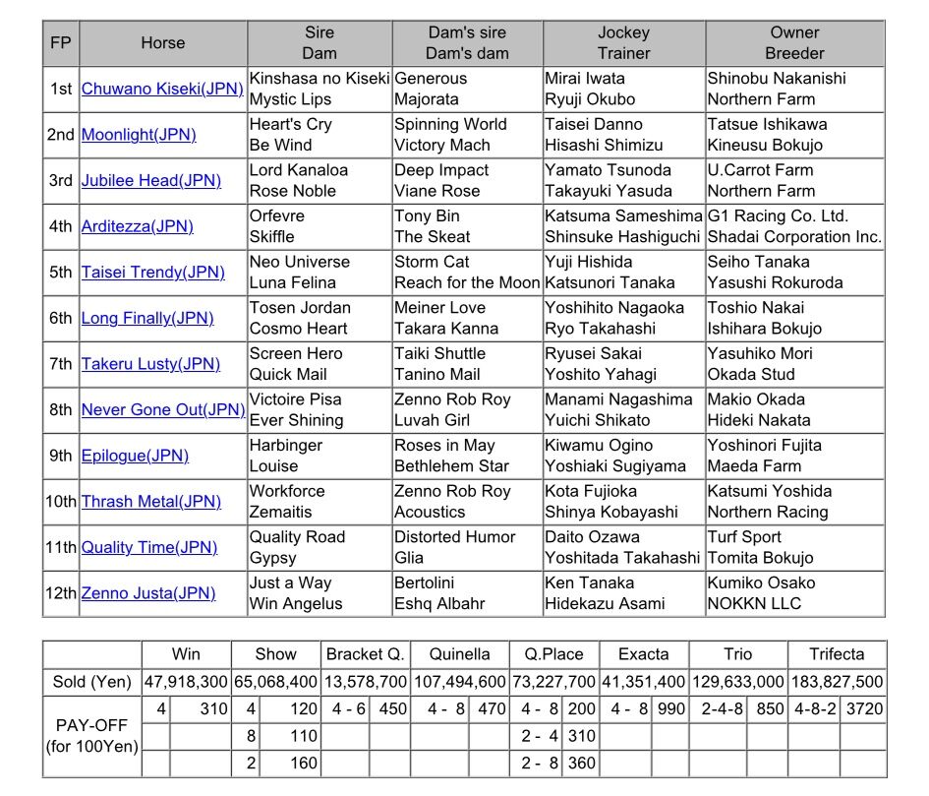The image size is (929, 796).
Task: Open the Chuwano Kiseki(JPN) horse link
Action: coord(162,89)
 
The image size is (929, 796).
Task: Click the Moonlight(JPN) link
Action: coord(138,135)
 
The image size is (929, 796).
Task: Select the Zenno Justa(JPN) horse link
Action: coord(147,593)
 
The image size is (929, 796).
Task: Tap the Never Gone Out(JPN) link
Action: coord(162,410)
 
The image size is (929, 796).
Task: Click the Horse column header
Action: coord(162,43)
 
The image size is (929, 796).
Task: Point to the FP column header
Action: coord(61,43)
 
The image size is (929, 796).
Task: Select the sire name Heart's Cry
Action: coord(291,124)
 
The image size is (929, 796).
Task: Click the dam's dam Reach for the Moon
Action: coord(467,282)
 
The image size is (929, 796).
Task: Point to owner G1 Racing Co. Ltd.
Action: coord(778,216)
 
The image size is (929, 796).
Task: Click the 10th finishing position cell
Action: coord(61,502)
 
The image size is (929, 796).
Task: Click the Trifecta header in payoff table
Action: coord(837,654)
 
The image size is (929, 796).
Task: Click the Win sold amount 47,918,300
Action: coord(186,682)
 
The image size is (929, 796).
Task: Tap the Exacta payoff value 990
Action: coord(671,708)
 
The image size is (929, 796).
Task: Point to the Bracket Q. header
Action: coord(365,654)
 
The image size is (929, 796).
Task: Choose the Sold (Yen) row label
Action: coord(91,682)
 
